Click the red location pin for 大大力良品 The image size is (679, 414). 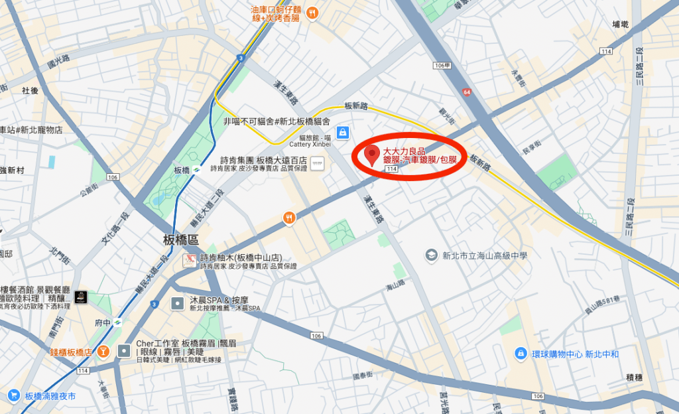coord(372,155)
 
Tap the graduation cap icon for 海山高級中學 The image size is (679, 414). coord(432,255)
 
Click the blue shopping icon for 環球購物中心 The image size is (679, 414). coord(521,354)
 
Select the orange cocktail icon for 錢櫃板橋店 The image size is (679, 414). coord(103,351)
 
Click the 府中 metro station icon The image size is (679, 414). coord(117,323)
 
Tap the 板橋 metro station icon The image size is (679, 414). coord(196,170)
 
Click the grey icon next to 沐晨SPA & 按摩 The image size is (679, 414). coord(178,304)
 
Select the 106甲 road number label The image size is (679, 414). coord(441,66)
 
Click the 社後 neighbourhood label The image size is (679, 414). coord(30,90)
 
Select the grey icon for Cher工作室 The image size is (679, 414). coord(124,350)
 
